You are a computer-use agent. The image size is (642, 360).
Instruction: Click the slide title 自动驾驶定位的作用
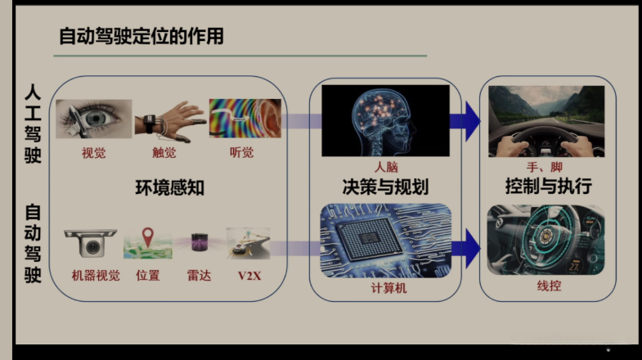(x=141, y=36)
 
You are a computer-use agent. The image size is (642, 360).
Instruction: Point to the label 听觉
(x=242, y=153)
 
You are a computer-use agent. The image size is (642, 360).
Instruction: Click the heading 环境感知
(x=169, y=187)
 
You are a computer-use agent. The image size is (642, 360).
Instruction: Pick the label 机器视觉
(x=96, y=276)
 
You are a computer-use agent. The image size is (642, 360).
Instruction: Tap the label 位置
(x=148, y=276)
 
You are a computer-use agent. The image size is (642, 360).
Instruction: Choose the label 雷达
(x=199, y=276)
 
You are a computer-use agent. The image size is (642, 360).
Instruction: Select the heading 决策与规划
(x=385, y=185)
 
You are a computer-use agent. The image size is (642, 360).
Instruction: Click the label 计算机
(x=385, y=287)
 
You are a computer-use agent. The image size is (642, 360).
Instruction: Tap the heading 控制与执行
(x=548, y=185)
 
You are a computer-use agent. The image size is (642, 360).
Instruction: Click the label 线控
(x=546, y=287)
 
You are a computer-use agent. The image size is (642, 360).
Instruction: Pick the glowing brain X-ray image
(x=384, y=120)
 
